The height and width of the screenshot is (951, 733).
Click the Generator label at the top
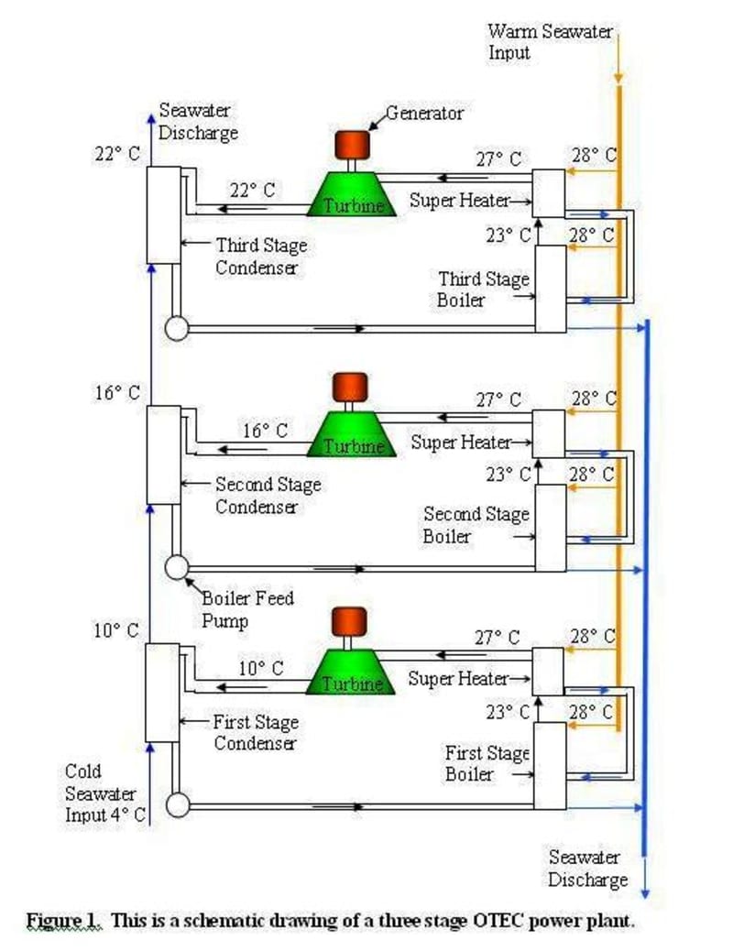click(x=424, y=113)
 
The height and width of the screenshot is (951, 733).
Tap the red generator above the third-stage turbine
click(x=352, y=145)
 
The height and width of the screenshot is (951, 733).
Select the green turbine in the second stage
click(x=351, y=433)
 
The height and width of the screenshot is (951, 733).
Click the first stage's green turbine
click(x=351, y=672)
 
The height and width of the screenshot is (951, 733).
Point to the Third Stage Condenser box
click(x=164, y=214)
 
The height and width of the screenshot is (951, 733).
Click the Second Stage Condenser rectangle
click(x=164, y=454)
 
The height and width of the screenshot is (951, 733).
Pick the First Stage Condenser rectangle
click(x=162, y=693)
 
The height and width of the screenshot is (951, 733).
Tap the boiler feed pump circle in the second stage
click(x=177, y=568)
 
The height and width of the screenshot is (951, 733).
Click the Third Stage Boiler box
click(x=551, y=289)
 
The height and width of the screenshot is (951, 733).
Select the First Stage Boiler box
click(x=550, y=765)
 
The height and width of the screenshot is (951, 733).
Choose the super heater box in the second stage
click(x=549, y=433)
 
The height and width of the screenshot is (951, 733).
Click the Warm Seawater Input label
click(x=550, y=41)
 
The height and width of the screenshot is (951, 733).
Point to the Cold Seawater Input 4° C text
click(x=105, y=793)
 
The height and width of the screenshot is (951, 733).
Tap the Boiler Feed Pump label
click(x=247, y=609)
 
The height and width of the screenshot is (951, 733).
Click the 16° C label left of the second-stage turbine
click(x=265, y=431)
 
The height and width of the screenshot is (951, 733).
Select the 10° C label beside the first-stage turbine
click(x=261, y=669)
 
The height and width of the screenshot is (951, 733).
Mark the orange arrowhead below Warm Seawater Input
click(x=618, y=78)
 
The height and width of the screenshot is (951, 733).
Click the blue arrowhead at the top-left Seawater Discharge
click(x=151, y=117)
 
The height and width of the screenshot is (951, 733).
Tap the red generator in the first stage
click(x=349, y=622)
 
